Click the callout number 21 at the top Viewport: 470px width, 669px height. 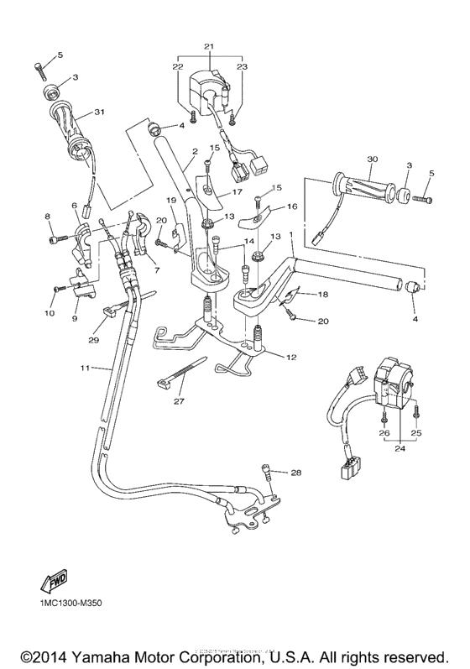[209, 45]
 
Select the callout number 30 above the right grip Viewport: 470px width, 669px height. [348, 159]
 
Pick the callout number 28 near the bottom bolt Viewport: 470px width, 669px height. [295, 473]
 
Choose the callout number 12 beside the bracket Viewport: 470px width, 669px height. [291, 358]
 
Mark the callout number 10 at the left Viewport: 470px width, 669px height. [50, 312]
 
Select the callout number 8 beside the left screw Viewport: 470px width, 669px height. [48, 217]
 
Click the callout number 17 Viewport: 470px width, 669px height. [237, 191]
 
